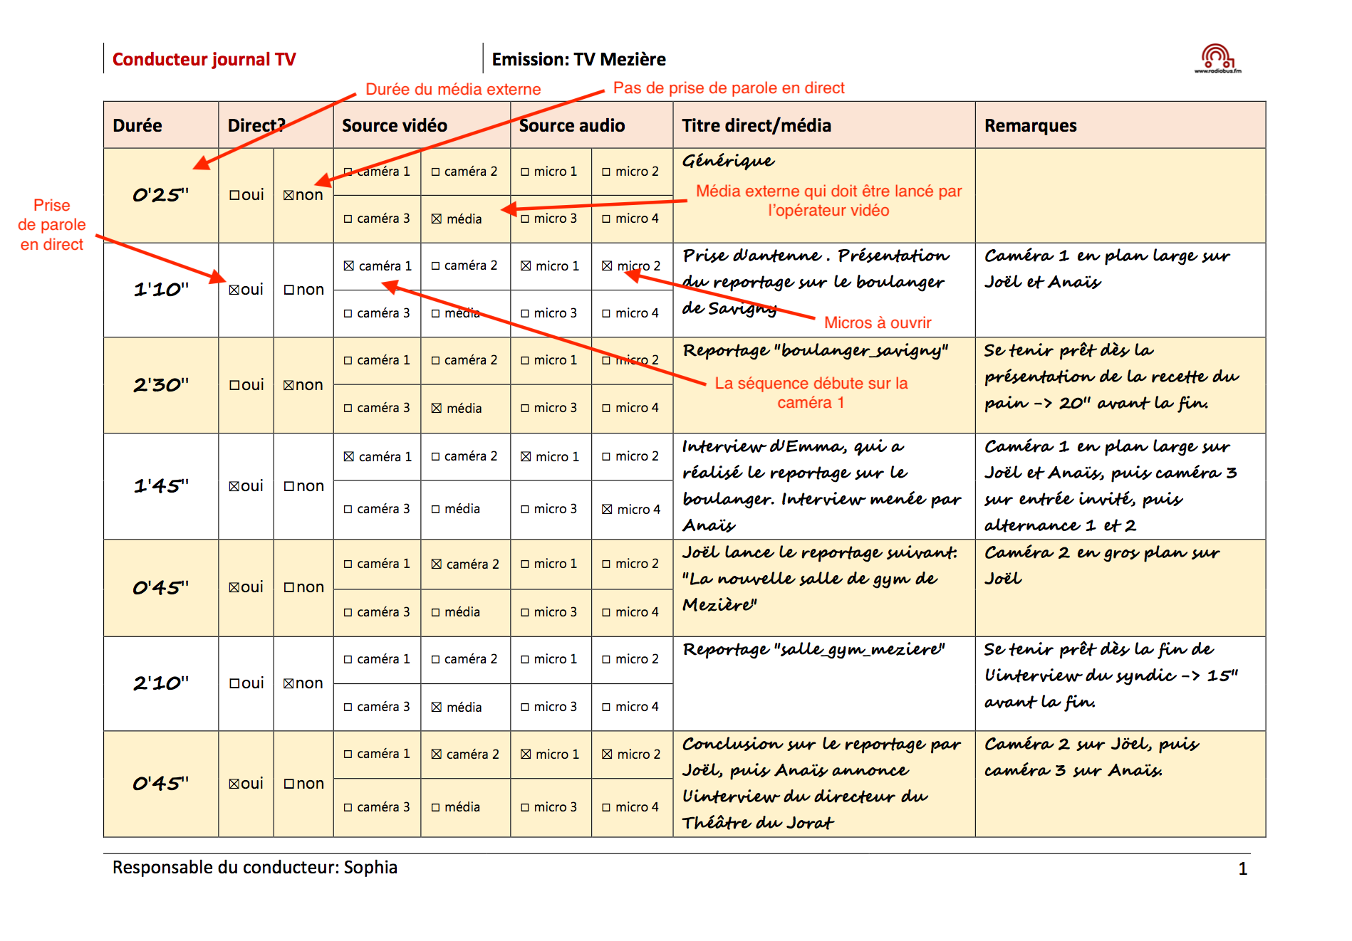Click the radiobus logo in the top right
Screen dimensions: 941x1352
click(1217, 58)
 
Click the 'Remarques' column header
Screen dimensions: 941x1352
click(1030, 125)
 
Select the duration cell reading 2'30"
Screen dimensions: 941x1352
click(161, 385)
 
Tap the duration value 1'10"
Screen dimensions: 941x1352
click(161, 290)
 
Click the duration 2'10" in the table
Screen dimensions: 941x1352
click(161, 683)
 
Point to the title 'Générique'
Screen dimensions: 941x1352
click(728, 161)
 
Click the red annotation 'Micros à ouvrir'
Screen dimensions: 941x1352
click(877, 323)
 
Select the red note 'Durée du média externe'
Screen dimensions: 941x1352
click(453, 90)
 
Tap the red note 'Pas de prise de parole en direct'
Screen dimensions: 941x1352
click(728, 88)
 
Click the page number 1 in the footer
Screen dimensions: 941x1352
click(1242, 868)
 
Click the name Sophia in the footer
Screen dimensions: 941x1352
click(370, 868)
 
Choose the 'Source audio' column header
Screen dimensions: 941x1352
click(571, 125)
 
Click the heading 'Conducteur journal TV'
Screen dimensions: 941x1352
click(204, 60)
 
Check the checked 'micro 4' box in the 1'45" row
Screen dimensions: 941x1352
click(607, 510)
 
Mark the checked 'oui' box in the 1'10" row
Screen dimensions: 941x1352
click(234, 290)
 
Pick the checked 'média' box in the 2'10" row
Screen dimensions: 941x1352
click(437, 708)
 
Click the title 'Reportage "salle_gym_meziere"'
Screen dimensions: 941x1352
click(813, 649)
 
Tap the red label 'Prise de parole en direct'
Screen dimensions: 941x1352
click(52, 225)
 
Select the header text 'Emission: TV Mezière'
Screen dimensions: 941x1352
click(578, 60)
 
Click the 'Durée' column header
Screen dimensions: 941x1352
click(137, 125)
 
